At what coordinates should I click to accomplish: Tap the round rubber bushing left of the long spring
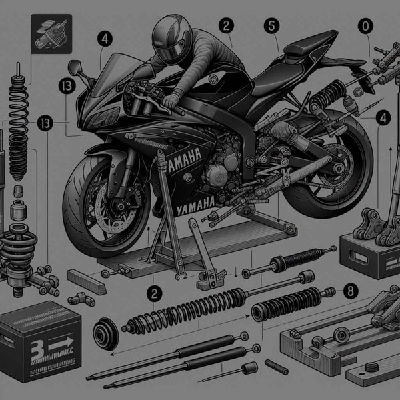[x=106, y=333]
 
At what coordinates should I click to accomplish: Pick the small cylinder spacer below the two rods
[x=251, y=369]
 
